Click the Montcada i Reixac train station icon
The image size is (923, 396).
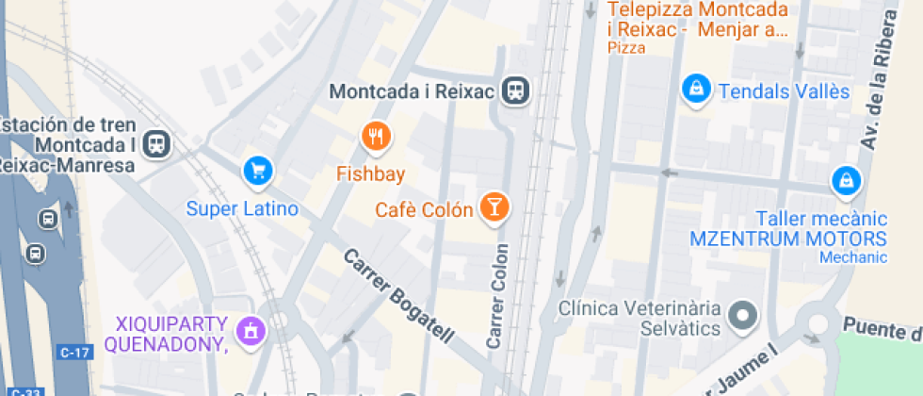click(x=516, y=91)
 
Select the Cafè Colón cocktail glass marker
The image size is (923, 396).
click(x=494, y=206)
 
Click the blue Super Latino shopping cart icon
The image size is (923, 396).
click(x=257, y=171)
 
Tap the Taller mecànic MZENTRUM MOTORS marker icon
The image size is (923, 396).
click(x=846, y=180)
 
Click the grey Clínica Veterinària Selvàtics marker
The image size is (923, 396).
click(x=744, y=316)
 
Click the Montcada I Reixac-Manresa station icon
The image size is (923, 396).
click(x=158, y=143)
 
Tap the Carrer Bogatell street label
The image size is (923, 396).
click(x=399, y=296)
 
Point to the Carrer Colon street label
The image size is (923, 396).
click(x=498, y=297)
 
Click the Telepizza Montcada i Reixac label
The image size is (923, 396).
click(x=697, y=20)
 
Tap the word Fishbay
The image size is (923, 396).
click(x=371, y=173)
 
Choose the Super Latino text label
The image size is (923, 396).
click(x=242, y=208)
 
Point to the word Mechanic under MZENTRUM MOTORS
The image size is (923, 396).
click(x=852, y=257)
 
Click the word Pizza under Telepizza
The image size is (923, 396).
click(x=626, y=48)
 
